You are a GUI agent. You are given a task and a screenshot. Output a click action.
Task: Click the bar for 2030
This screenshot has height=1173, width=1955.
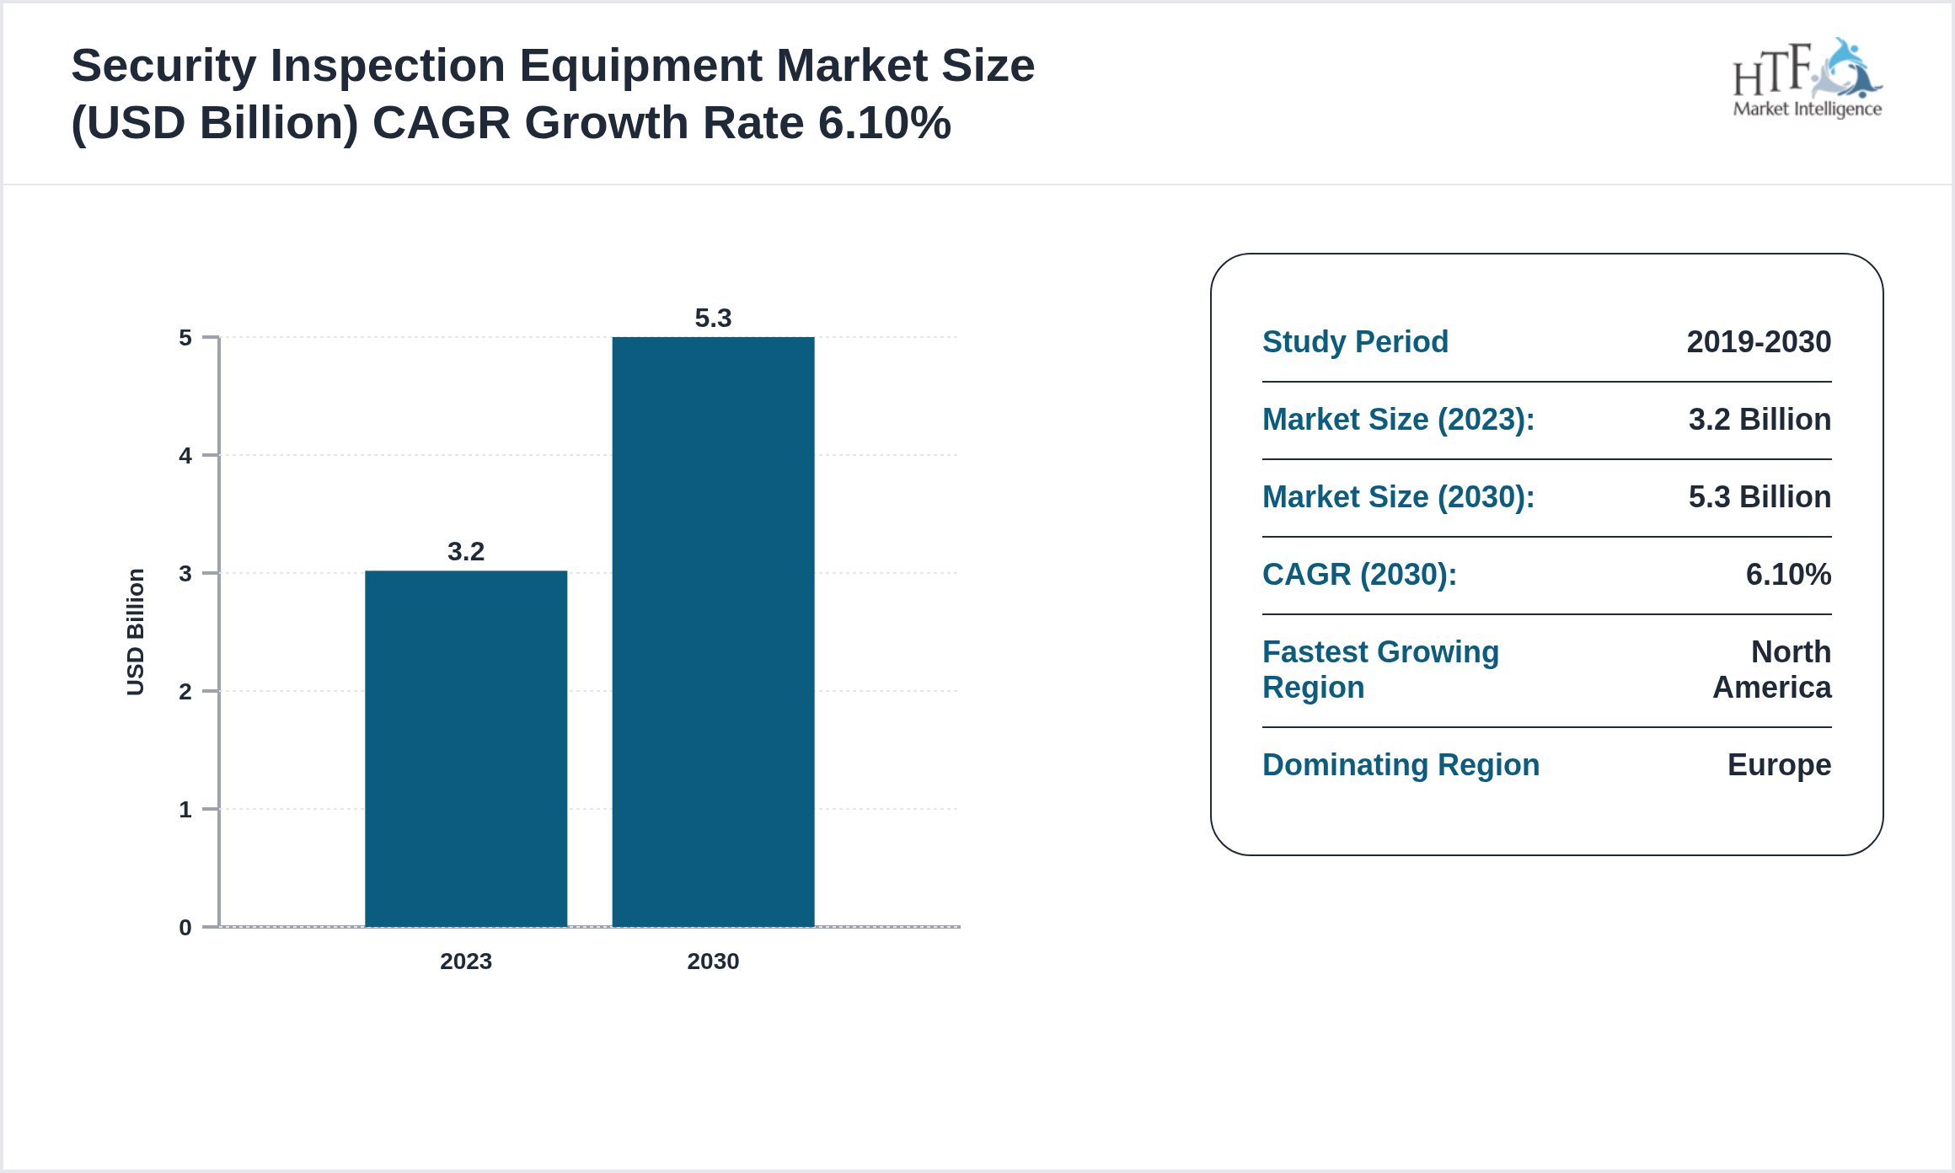tap(713, 632)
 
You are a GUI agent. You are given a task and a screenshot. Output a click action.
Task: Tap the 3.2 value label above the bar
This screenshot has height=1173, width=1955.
tap(466, 552)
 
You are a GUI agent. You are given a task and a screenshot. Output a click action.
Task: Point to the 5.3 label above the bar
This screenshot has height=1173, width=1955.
tap(713, 319)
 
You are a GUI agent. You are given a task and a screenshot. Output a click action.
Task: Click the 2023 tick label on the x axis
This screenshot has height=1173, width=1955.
tap(466, 961)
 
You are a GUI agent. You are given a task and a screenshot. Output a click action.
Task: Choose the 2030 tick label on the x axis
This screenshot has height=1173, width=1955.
tap(713, 961)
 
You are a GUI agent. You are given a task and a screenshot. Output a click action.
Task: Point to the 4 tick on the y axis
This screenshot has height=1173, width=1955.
tap(185, 456)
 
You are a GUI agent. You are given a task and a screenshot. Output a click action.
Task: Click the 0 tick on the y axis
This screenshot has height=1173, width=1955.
tap(185, 928)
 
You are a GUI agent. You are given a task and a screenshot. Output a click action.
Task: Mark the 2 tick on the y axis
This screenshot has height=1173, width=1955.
tap(185, 692)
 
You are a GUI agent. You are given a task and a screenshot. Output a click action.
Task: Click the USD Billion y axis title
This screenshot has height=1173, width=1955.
tap(136, 632)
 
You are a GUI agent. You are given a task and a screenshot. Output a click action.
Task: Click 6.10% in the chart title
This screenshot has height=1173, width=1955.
tap(885, 123)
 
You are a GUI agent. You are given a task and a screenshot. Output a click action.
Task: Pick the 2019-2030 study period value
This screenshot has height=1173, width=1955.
tap(1759, 342)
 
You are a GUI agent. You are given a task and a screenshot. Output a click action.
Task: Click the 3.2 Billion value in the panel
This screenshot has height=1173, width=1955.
tap(1759, 420)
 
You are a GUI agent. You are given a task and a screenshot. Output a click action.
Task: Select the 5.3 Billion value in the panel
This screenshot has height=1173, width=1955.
tap(1759, 497)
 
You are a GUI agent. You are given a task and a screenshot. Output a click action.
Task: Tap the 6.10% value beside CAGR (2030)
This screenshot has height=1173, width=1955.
tap(1788, 575)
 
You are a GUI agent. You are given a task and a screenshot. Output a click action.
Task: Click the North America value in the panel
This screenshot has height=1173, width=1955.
tap(1773, 670)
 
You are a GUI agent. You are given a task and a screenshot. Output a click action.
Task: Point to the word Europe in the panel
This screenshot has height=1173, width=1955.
tap(1779, 765)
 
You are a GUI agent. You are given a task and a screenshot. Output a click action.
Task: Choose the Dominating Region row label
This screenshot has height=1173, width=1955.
tap(1401, 765)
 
